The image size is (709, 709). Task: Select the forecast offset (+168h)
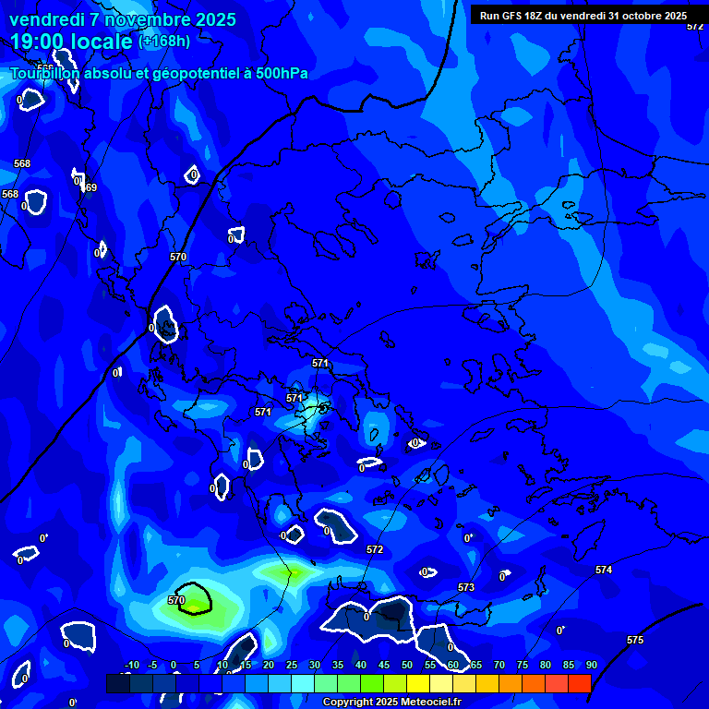pos(164,41)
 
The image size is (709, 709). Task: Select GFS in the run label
pos(509,16)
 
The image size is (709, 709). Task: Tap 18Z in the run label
pos(534,16)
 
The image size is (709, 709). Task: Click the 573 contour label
pos(466,587)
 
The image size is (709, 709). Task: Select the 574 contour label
pos(604,570)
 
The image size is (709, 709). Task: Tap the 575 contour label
pos(635,640)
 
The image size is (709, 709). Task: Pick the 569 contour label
pos(89,187)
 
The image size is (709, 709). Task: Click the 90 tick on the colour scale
pos(591,665)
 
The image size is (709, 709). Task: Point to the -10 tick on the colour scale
pos(131,665)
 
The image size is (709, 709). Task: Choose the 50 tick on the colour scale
pos(406,665)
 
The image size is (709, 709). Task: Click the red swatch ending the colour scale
pos(579,683)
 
